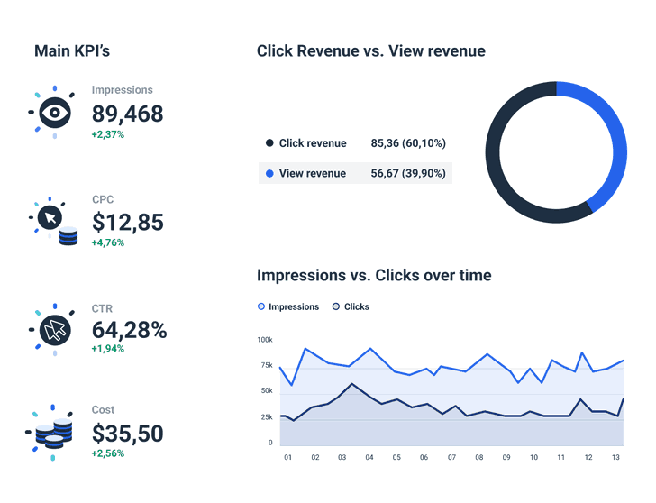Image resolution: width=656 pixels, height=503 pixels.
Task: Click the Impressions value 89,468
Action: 127,114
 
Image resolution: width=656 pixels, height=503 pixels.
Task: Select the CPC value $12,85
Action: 127,222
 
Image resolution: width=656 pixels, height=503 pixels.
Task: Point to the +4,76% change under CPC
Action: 108,242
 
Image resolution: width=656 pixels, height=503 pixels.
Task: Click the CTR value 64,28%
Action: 129,330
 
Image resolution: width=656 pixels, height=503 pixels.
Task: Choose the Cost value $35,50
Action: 127,434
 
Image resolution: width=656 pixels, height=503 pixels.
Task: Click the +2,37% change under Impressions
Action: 108,134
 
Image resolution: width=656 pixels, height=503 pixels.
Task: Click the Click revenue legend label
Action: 312,143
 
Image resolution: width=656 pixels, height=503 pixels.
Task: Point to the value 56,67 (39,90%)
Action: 407,173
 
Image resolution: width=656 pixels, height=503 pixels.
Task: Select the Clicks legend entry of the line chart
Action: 351,306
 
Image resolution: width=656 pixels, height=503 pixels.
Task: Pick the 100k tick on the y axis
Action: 265,340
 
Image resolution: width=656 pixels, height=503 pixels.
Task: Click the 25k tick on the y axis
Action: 265,417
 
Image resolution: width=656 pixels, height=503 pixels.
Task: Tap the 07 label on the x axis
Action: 451,458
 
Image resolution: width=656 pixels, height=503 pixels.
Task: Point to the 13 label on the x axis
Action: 615,458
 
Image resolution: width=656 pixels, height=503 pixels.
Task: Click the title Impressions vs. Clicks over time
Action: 374,275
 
